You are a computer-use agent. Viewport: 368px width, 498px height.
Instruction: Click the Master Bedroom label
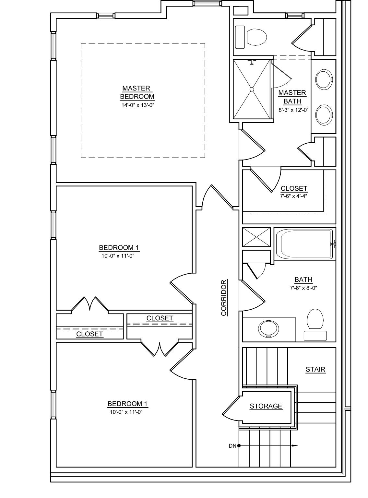pos(137,92)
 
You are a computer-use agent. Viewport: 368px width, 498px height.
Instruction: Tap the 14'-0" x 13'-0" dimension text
pos(137,105)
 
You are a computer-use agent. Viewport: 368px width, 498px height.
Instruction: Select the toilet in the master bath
pos(256,37)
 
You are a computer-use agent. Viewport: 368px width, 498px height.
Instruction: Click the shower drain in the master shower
pos(252,89)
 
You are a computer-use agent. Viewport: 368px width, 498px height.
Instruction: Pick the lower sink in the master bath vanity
pos(324,114)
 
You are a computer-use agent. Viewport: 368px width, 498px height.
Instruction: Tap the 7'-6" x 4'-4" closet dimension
pos(294,196)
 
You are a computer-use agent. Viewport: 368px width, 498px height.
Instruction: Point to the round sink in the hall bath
pos(268,329)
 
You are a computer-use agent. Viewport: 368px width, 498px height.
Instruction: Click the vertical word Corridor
pos(224,298)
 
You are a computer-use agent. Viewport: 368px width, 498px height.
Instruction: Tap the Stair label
pos(315,369)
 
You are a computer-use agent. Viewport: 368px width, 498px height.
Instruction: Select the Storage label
pos(266,406)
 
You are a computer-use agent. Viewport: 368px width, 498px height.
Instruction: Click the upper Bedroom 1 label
pos(119,248)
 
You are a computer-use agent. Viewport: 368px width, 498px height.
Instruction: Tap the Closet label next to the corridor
pos(160,318)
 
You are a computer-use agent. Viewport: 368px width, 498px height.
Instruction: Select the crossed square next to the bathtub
pos(256,237)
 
